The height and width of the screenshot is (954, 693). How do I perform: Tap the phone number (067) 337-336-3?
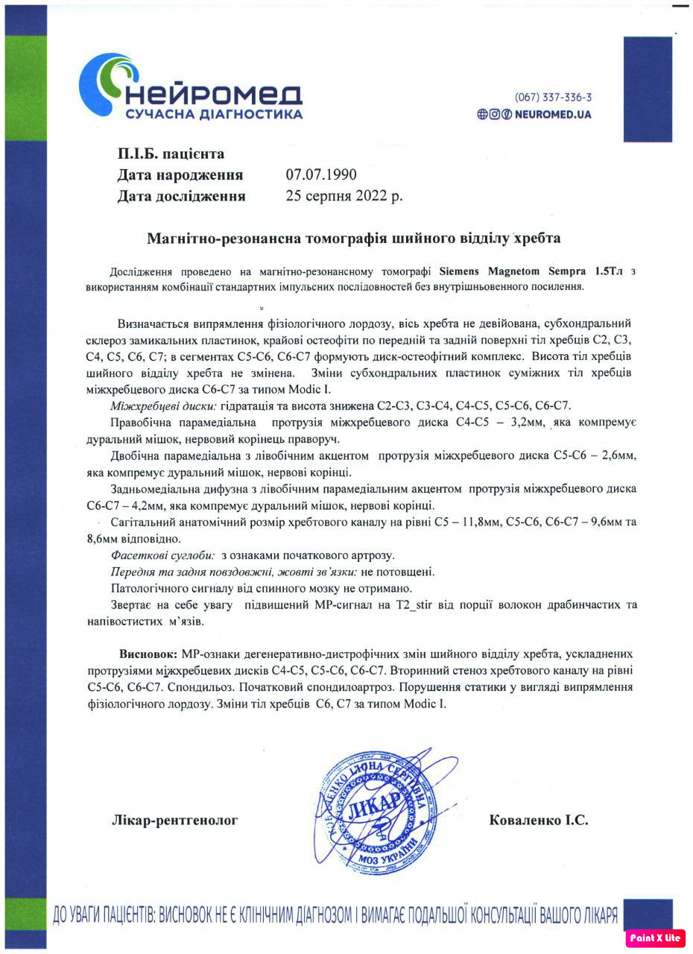pyautogui.click(x=553, y=98)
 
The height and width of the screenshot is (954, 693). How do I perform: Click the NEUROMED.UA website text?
pyautogui.click(x=553, y=115)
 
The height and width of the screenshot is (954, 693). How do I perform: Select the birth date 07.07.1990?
pyautogui.click(x=321, y=175)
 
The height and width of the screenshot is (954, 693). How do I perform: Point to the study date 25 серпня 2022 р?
pyautogui.click(x=344, y=197)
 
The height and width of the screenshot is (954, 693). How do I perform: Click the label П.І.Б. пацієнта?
pyautogui.click(x=171, y=154)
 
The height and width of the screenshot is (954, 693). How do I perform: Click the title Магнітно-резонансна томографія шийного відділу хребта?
pyautogui.click(x=353, y=239)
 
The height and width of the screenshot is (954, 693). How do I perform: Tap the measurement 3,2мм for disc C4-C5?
pyautogui.click(x=527, y=423)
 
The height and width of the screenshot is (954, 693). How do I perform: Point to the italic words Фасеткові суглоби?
pyautogui.click(x=163, y=556)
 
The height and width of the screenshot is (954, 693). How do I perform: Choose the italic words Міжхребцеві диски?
pyautogui.click(x=164, y=405)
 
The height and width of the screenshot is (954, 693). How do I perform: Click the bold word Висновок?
pyautogui.click(x=148, y=654)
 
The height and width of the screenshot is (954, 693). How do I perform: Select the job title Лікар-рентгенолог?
pyautogui.click(x=174, y=821)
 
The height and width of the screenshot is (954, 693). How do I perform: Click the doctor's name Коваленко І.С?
pyautogui.click(x=538, y=821)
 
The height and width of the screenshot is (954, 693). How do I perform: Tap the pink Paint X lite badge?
pyautogui.click(x=655, y=938)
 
